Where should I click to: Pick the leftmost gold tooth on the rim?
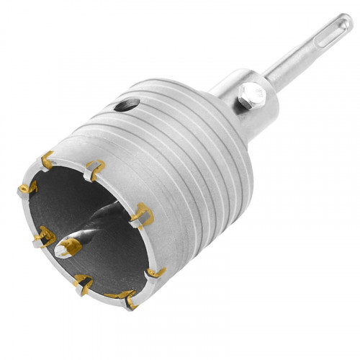[x=27, y=189]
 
